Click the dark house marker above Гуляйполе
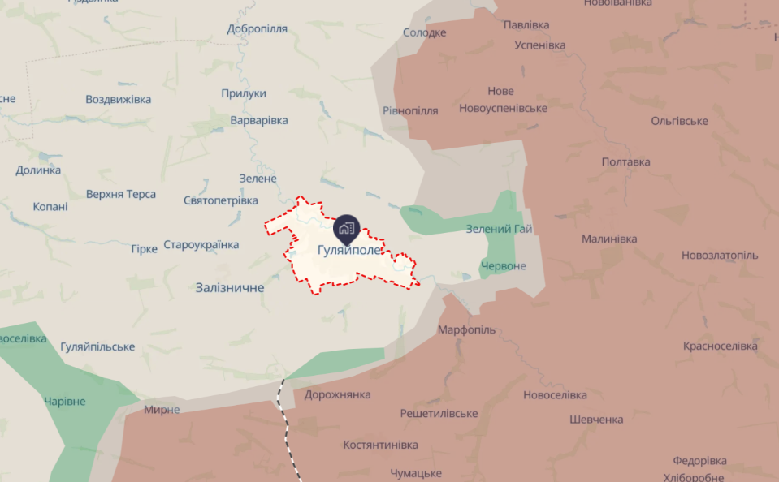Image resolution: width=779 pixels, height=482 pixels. point(346,227)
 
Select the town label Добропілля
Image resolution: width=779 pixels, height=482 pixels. point(258,28)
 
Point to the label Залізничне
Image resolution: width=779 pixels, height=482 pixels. point(230,287)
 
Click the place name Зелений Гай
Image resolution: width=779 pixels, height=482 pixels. point(499,229)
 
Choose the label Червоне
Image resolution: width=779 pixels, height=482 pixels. point(503,266)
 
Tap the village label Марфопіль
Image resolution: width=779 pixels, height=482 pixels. point(466,330)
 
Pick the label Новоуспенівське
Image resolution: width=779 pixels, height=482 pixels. point(503,108)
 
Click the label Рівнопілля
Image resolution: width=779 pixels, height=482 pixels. point(410,110)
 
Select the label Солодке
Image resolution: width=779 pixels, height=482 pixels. point(425,32)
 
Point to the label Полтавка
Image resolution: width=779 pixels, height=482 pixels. point(625,161)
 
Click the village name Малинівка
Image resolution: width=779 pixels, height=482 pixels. point(609,239)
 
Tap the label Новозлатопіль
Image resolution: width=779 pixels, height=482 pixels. point(720,255)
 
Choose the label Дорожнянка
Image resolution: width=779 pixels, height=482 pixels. point(337,394)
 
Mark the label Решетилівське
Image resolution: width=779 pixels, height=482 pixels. point(439,413)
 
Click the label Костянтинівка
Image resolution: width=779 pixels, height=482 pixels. point(380,445)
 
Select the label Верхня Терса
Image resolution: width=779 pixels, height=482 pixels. point(121,194)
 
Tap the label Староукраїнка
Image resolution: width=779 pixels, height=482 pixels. point(201,244)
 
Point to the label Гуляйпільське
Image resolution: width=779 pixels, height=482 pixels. point(97,346)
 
